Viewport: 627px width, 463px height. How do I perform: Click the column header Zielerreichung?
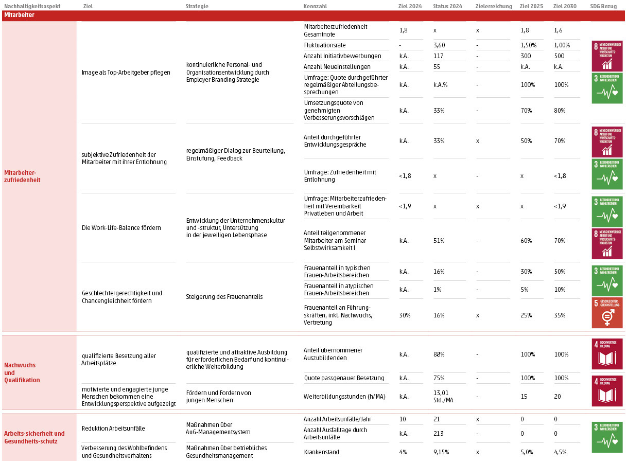tap(494, 6)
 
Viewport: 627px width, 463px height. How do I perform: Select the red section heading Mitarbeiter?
tap(19, 15)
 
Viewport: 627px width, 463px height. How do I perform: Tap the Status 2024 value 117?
tap(439, 56)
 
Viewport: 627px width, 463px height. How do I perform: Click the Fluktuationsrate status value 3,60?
tap(439, 45)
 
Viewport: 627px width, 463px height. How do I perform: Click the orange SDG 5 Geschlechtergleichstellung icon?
tap(607, 312)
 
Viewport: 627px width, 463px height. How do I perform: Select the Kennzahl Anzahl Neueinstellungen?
tap(337, 67)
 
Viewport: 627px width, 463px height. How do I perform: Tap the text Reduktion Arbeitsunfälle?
tap(113, 429)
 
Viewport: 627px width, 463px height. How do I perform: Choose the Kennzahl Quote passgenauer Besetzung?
tap(344, 378)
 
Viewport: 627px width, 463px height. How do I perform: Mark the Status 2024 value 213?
tap(439, 434)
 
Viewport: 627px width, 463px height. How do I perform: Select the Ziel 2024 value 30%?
tap(405, 315)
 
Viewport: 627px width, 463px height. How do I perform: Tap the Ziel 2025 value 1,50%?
tap(528, 45)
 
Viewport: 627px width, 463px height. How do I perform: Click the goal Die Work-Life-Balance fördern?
tap(121, 228)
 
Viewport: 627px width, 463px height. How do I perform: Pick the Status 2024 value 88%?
tap(439, 354)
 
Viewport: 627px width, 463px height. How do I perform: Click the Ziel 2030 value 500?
tap(559, 56)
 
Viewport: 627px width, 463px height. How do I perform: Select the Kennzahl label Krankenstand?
tap(322, 452)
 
